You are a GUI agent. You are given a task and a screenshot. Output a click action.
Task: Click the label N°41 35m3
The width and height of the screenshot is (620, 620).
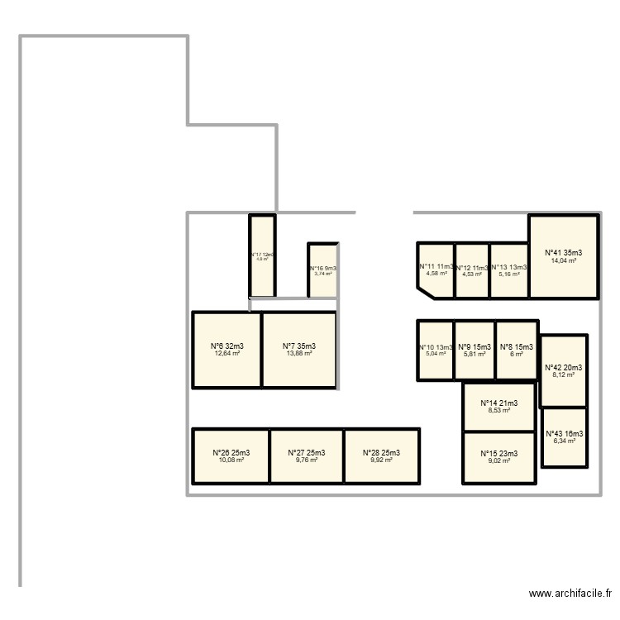tap(563, 253)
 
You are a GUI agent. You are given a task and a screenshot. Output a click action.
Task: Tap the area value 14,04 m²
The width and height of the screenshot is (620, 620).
tap(563, 260)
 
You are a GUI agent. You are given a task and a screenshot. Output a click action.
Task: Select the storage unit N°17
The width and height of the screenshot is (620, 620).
tap(263, 256)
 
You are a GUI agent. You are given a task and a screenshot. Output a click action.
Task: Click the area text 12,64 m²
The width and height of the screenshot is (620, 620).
tap(227, 354)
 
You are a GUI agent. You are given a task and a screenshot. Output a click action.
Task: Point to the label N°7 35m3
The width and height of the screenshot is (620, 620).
tap(299, 346)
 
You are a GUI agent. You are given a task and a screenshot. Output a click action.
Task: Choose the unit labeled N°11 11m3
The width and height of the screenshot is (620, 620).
tap(436, 267)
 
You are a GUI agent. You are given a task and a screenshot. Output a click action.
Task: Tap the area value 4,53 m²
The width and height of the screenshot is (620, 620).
tap(472, 274)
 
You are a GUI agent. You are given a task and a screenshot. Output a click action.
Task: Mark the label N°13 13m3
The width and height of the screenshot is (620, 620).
tap(509, 267)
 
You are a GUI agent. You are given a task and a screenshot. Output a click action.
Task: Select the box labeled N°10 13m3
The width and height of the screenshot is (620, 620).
tap(436, 347)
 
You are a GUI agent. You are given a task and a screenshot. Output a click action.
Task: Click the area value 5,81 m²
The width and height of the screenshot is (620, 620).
tap(475, 355)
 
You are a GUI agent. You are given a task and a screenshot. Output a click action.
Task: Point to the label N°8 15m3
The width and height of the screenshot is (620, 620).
tap(517, 347)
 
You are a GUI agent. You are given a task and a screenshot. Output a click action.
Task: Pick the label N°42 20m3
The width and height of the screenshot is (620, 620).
tap(564, 368)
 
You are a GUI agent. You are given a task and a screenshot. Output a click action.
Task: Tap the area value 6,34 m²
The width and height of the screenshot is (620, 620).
tap(564, 441)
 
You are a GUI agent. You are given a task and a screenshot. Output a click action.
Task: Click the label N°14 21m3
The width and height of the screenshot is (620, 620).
tap(498, 403)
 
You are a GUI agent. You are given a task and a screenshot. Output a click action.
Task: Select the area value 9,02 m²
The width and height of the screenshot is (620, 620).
tap(498, 460)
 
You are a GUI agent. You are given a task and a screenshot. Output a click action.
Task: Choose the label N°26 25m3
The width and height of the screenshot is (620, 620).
tap(231, 452)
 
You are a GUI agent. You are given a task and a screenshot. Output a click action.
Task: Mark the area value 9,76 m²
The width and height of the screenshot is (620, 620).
tap(307, 460)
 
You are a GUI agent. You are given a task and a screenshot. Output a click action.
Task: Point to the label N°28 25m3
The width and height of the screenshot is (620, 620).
tap(382, 452)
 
